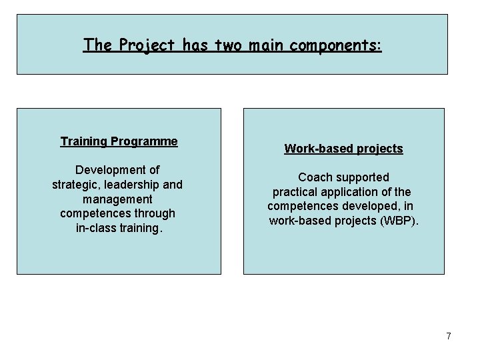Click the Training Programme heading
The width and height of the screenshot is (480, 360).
119,141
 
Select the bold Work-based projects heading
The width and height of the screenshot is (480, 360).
343,149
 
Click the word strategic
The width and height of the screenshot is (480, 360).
76,185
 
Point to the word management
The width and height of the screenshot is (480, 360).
117,199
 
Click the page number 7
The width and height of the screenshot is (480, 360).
449,336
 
